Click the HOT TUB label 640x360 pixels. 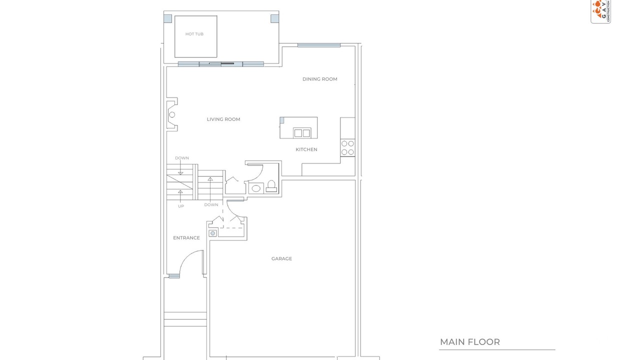pos(194,34)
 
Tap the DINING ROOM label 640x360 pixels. pos(319,79)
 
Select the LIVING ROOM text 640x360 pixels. pos(223,119)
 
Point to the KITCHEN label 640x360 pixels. pos(306,149)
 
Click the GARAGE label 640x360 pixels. pos(281,258)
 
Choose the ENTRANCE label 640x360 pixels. pos(186,237)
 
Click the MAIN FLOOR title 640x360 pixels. pos(469,342)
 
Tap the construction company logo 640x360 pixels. pos(600,11)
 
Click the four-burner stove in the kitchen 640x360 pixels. pos(347,147)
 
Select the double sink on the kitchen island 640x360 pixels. pos(302,133)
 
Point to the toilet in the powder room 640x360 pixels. pos(271,186)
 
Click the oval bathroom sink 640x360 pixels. pos(256,188)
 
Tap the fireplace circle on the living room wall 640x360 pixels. pos(172,115)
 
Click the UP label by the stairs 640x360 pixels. pos(181,206)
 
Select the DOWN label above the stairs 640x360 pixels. pos(182,158)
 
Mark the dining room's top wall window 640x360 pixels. pos(319,45)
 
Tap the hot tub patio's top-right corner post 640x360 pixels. pos(274,19)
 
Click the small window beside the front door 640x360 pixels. pos(174,276)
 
